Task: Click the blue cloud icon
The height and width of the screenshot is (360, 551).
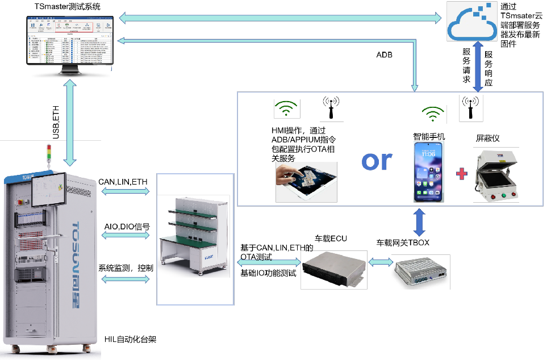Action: coord(471,22)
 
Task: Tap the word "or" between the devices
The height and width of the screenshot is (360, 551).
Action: coord(377,161)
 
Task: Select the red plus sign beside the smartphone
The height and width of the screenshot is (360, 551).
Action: coord(462,174)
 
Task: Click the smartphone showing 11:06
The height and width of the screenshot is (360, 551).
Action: coord(429,171)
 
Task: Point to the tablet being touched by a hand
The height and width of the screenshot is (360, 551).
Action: coord(306,182)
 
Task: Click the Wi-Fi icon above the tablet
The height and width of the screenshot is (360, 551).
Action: coord(287,108)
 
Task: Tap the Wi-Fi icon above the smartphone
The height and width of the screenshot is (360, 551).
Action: coord(433,114)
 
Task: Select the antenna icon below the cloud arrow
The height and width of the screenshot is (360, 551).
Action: coord(471,108)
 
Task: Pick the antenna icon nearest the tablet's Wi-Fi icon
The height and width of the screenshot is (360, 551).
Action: coord(331,108)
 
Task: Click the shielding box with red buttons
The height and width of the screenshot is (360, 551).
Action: coord(496,175)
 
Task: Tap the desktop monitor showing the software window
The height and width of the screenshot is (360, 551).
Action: coord(70,42)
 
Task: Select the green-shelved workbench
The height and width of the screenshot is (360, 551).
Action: coord(193,236)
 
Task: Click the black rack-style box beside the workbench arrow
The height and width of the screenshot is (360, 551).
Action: coord(333,270)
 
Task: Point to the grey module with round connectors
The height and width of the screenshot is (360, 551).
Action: coord(420,271)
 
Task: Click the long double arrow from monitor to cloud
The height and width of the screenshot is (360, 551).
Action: coord(280,18)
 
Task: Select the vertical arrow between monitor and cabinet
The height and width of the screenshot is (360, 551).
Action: coord(70,123)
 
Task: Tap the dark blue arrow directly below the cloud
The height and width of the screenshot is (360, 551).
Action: coord(478,66)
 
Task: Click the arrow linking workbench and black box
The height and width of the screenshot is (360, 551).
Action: coord(269,262)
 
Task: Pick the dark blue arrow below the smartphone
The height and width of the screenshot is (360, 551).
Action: coord(419,223)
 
